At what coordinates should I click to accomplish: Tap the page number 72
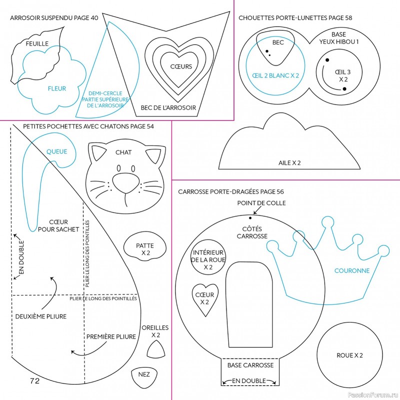(34, 381)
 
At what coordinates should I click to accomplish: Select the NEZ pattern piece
(144, 375)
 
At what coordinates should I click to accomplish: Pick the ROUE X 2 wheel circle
(349, 355)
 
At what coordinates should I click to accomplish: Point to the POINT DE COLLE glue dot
(250, 217)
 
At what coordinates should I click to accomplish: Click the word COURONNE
(351, 270)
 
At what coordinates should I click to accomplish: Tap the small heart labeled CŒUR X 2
(204, 299)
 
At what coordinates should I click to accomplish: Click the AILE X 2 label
(289, 162)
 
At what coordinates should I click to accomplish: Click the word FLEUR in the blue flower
(56, 89)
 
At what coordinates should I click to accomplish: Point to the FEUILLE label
(37, 44)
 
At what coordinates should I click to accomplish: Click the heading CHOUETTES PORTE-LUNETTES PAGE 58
(295, 18)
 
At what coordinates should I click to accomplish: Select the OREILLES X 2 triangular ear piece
(156, 350)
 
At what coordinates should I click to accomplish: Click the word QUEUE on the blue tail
(56, 151)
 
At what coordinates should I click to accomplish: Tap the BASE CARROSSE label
(250, 365)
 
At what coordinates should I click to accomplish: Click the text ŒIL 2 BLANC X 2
(275, 75)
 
